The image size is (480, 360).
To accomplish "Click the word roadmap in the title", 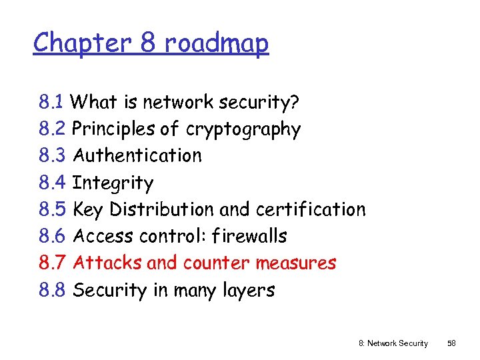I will (x=217, y=43).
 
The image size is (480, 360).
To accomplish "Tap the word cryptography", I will (x=243, y=129).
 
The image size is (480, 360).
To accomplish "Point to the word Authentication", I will (x=137, y=155).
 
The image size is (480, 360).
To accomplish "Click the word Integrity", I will (x=113, y=183).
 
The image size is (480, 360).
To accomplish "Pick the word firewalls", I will (x=250, y=236).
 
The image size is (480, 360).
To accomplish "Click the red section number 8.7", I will (x=52, y=263).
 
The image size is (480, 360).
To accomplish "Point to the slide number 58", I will (x=451, y=343).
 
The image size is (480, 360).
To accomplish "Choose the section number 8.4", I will (x=52, y=183).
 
